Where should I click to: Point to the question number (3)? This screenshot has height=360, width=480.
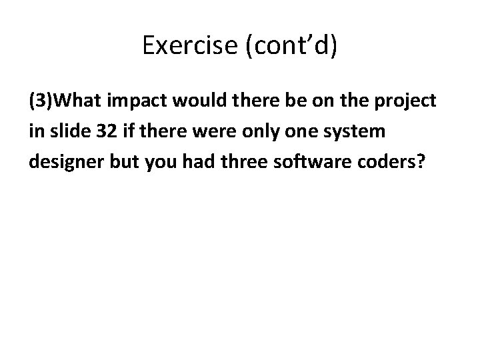41,101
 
